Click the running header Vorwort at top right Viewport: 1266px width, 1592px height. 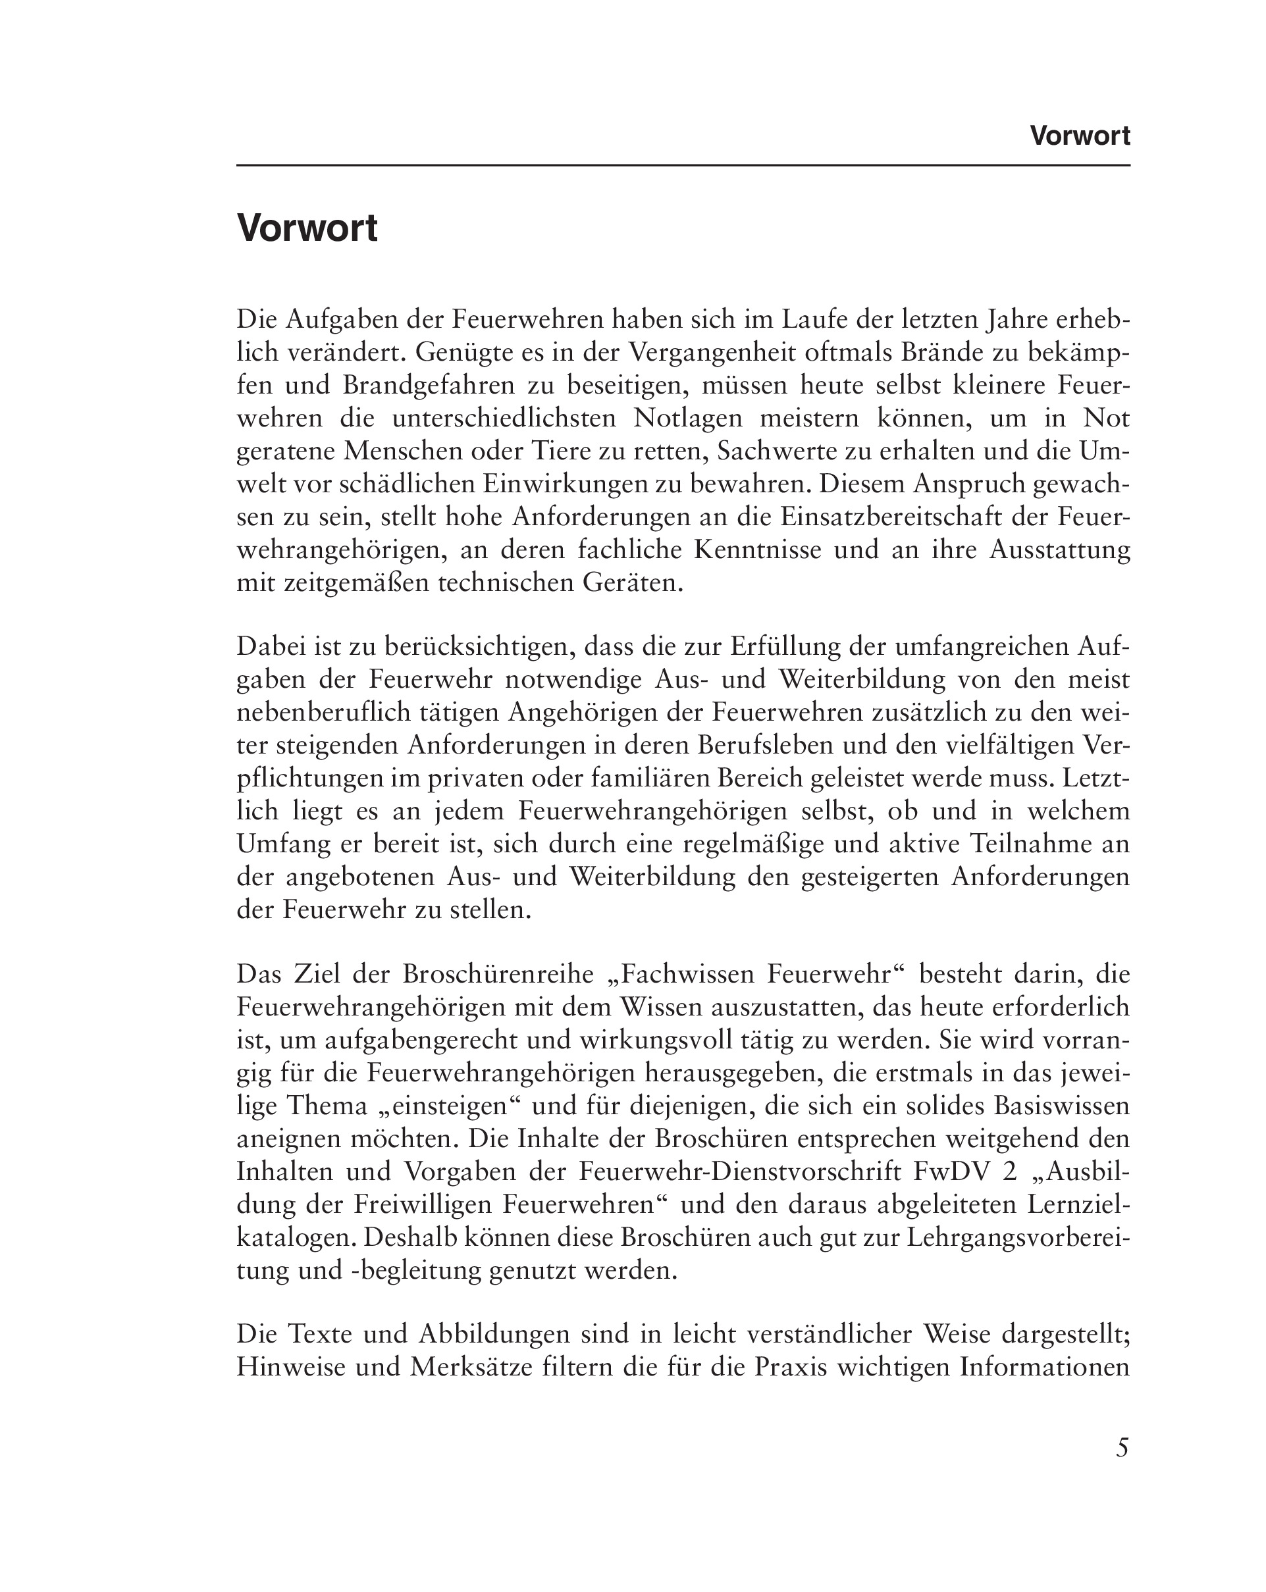point(1079,136)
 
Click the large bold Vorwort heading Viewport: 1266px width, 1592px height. point(307,228)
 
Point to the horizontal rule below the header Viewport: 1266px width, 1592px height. point(683,165)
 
